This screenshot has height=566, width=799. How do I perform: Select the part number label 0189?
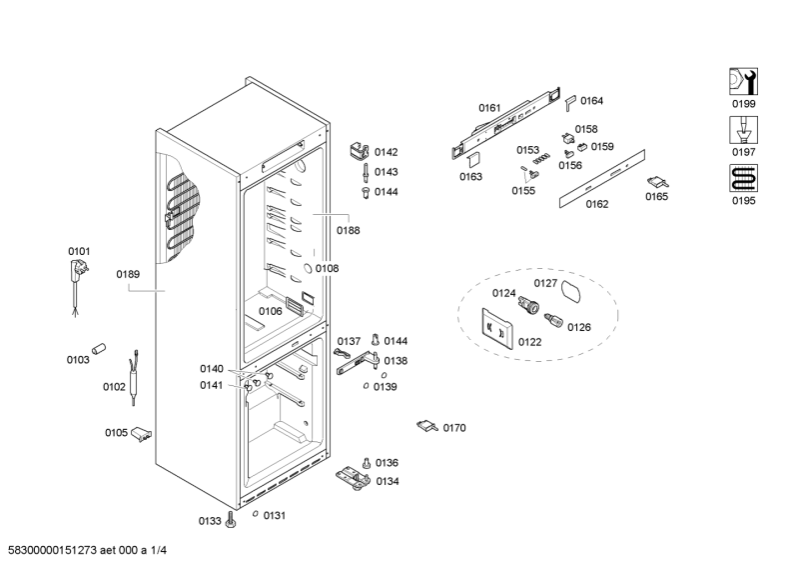(x=128, y=274)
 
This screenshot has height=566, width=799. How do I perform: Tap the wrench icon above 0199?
(x=742, y=82)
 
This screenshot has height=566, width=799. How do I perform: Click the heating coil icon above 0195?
(x=742, y=178)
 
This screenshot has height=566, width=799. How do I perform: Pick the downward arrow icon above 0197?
(x=742, y=130)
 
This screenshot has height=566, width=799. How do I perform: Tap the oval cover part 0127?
(x=572, y=292)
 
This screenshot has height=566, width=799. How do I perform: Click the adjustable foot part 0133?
(x=232, y=519)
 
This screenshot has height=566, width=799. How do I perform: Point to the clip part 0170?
(x=426, y=426)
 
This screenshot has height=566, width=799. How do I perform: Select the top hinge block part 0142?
(x=359, y=150)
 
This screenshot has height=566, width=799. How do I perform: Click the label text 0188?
(x=349, y=230)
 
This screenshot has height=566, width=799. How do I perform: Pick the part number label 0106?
(x=270, y=311)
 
